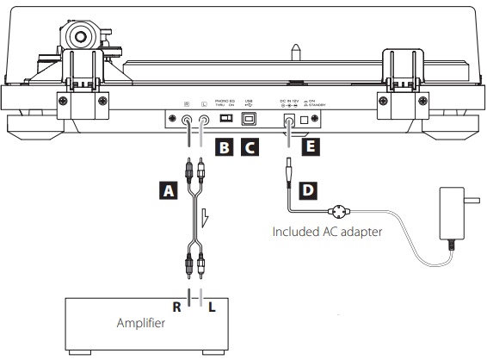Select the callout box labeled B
223,147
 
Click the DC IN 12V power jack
287,121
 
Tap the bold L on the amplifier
213,306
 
